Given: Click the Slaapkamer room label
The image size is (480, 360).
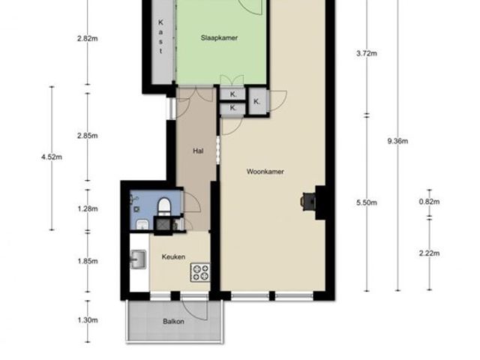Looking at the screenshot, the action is point(219,38).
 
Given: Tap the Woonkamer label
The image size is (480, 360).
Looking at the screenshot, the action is point(265,172).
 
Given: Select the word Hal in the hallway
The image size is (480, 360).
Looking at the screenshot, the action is point(198,151).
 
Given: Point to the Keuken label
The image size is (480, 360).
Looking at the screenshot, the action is point(173,256).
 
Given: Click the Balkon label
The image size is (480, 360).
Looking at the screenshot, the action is point(173,322).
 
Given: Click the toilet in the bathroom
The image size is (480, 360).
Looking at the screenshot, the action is point(164,206).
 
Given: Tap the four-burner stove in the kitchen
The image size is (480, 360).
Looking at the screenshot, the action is point(200,272).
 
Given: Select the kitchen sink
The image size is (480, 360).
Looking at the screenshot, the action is point(138,259).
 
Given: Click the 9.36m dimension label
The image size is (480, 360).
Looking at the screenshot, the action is point(397,141).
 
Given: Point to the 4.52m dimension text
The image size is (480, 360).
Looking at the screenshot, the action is point(52,157).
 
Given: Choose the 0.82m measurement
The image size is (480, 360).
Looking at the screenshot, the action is point(429,202).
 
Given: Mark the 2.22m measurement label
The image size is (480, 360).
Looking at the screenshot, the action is point(429,253).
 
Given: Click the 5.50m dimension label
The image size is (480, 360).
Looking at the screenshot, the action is point(367,202).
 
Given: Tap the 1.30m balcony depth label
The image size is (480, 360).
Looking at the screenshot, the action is point(88,320).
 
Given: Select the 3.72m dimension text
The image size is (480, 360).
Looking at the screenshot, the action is point(367,53).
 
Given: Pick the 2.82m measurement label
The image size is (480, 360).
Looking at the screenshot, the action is point(88,38).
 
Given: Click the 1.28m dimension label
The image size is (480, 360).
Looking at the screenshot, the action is point(88,208).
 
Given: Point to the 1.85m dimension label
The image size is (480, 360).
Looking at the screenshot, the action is point(88,261).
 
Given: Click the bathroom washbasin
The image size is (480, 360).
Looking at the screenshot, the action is point(142,224).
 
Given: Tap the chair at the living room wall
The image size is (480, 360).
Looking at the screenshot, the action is point(307,202).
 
